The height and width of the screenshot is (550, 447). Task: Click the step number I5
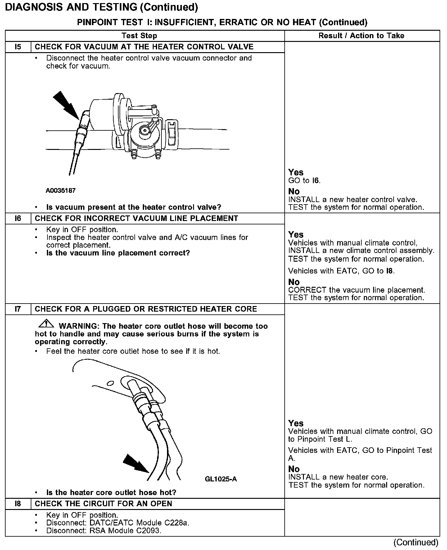click(18, 47)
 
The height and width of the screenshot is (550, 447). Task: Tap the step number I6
click(18, 219)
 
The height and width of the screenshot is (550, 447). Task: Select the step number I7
click(18, 309)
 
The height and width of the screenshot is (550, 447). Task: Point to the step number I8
click(18, 503)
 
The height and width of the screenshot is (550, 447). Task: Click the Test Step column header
click(139, 36)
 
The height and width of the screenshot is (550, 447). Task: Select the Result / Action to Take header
click(361, 36)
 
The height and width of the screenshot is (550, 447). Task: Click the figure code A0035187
click(61, 191)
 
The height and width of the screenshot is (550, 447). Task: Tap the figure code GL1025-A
click(221, 479)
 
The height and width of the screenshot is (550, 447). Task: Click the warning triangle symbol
click(46, 324)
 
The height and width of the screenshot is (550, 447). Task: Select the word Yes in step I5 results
click(296, 172)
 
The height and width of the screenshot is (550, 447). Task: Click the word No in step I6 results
click(294, 282)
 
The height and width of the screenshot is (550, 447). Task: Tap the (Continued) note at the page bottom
click(416, 542)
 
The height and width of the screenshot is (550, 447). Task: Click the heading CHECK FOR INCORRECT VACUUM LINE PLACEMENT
click(136, 219)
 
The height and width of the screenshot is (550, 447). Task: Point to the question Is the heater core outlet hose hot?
click(111, 493)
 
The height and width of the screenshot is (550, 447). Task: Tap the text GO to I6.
click(304, 181)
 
